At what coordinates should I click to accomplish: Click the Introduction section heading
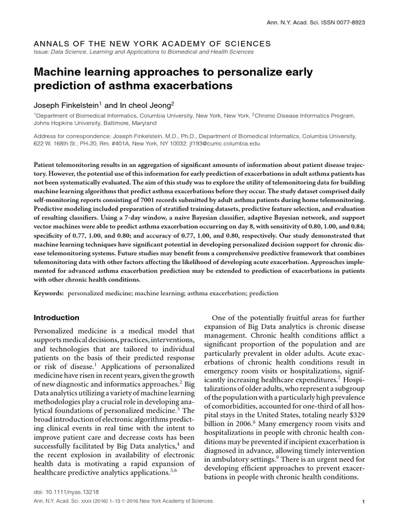click(x=57, y=317)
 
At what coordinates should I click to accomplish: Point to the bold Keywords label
click(x=49, y=293)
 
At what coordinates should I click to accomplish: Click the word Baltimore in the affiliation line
click(x=110, y=124)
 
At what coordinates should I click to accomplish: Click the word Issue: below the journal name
click(x=43, y=52)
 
